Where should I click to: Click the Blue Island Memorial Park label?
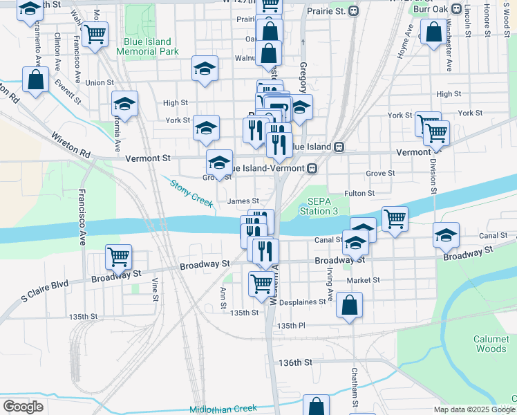150,46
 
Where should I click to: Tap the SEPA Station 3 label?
319,206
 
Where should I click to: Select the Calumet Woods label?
490,344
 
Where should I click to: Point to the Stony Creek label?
191,192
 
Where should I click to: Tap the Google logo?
23,406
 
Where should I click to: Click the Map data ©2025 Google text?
473,409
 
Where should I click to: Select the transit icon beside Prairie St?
354,11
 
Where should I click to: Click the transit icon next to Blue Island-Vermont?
313,167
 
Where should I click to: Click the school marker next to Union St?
124,104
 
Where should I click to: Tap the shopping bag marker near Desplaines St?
350,304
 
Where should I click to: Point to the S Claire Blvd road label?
45,290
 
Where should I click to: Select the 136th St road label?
295,362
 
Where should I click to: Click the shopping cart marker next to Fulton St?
394,219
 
